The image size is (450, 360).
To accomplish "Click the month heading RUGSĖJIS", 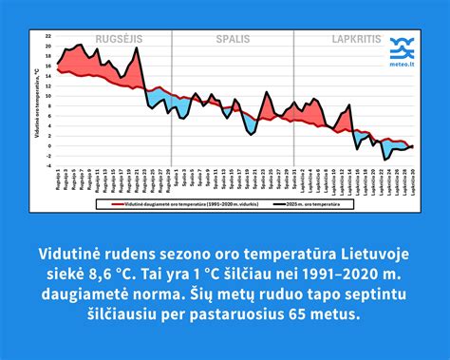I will point(114,40).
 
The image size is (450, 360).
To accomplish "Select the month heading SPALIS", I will point(232,40).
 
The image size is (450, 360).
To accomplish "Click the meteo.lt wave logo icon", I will point(402,45).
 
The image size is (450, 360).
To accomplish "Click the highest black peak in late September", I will point(136,47).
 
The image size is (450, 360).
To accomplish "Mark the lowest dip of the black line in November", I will point(384,158).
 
